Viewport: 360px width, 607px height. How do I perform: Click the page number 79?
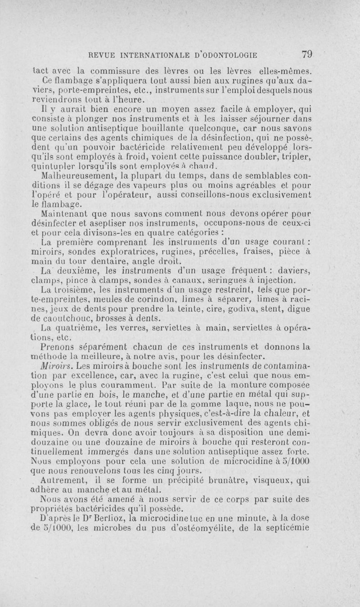(307, 54)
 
